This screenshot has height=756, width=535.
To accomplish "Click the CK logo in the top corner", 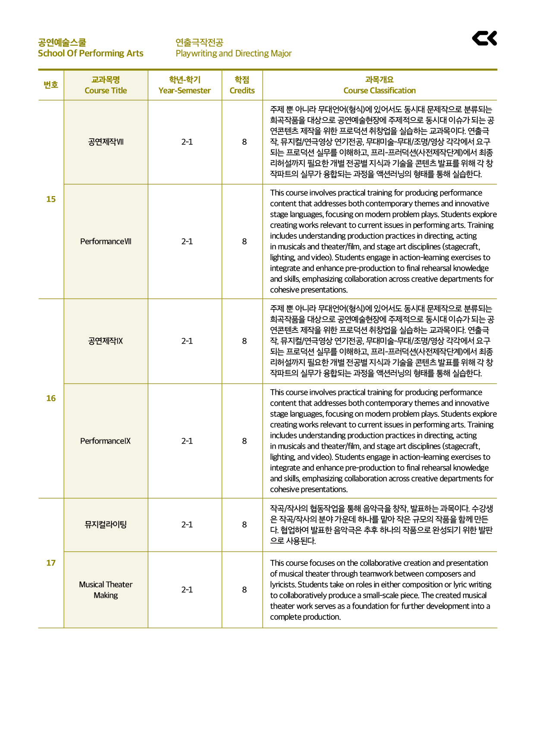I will click(484, 38).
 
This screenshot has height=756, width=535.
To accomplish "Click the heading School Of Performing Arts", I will click(91, 53).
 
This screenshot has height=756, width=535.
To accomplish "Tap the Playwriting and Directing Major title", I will click(233, 53).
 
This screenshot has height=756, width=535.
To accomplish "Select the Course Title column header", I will click(106, 85).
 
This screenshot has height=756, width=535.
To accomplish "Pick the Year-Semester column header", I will click(185, 85).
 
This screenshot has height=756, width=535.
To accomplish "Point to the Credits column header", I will click(242, 85).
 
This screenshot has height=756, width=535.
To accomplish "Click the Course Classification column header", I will click(380, 85).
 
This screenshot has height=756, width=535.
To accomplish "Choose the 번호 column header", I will click(51, 85).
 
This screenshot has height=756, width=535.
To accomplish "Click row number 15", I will click(51, 199).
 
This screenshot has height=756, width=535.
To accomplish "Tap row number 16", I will click(51, 398).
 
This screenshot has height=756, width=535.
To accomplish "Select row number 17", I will click(51, 563).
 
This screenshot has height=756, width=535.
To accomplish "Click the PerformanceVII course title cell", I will click(106, 241).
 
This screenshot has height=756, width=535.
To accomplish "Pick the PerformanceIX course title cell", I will click(106, 441).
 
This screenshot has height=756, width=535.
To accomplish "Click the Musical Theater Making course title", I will click(106, 590).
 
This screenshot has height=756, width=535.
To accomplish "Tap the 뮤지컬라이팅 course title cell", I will click(106, 525).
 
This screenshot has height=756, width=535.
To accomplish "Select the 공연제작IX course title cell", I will click(106, 341).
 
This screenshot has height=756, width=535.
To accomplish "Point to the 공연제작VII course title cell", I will click(106, 142).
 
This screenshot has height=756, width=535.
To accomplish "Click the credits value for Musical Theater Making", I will click(244, 590).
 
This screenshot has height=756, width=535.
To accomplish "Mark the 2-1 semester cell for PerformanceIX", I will click(187, 441).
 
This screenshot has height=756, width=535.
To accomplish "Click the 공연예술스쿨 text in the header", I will click(62, 42).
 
